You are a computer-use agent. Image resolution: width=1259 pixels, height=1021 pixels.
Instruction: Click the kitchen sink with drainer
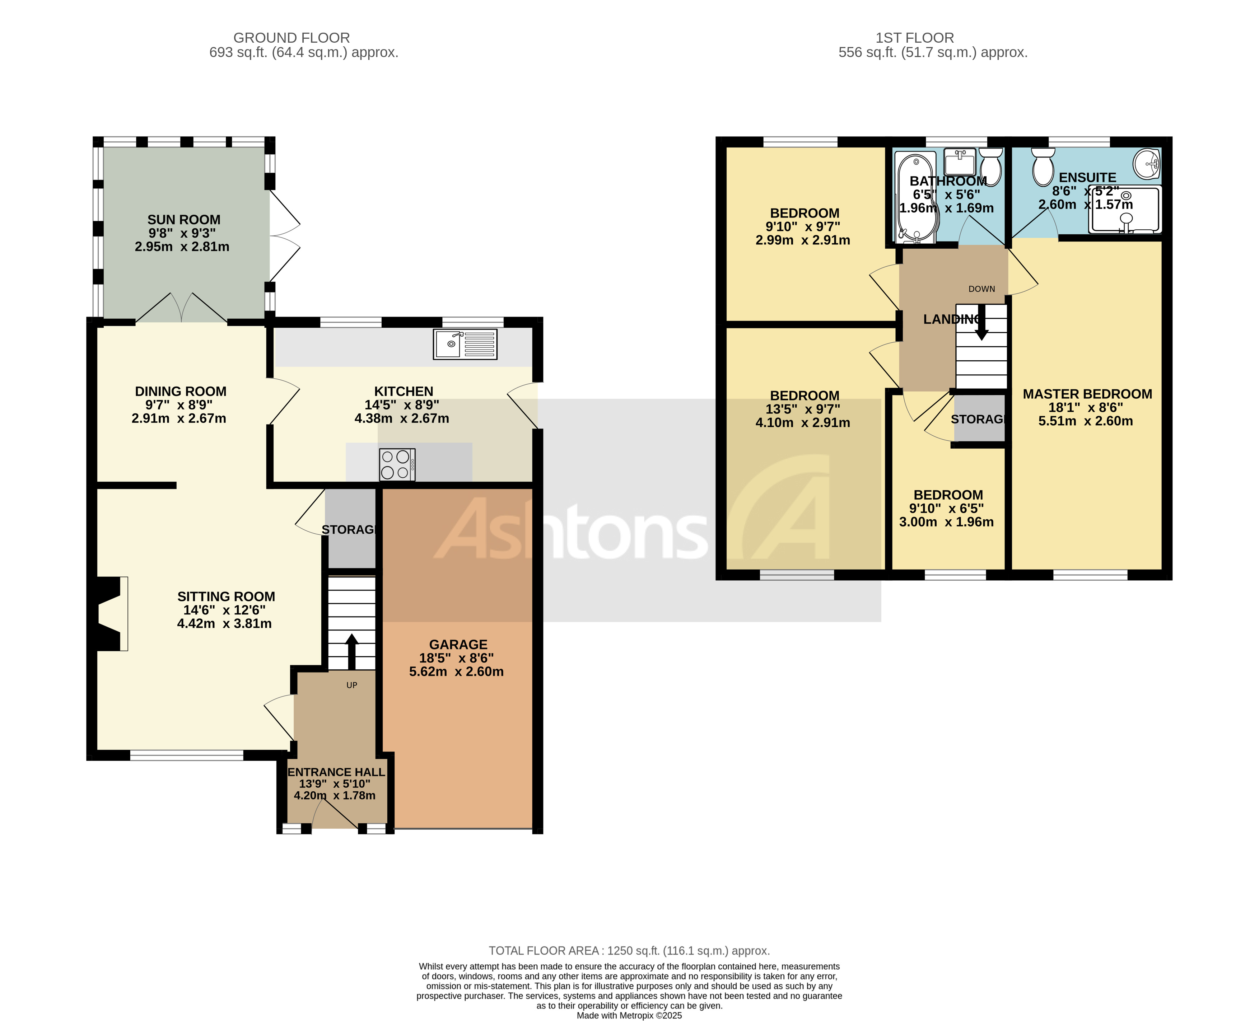(x=465, y=344)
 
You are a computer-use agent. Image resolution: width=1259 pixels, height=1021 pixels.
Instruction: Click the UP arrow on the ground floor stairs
(x=351, y=650)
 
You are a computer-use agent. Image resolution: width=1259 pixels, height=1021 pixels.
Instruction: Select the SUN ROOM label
(x=183, y=219)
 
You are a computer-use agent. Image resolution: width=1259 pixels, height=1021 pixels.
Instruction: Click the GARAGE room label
(x=458, y=645)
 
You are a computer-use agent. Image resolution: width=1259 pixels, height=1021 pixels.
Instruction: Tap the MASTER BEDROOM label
(x=1087, y=394)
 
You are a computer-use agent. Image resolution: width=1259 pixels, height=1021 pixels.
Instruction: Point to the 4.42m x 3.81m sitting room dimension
(x=224, y=623)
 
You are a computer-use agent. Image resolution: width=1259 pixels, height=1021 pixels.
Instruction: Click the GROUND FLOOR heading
(x=291, y=38)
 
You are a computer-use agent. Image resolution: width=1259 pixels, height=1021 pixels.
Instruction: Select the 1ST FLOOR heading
(x=914, y=38)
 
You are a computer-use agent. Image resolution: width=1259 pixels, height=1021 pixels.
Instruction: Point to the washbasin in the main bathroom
(x=960, y=162)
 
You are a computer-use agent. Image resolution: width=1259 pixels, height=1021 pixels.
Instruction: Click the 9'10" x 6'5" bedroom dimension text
(x=946, y=508)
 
